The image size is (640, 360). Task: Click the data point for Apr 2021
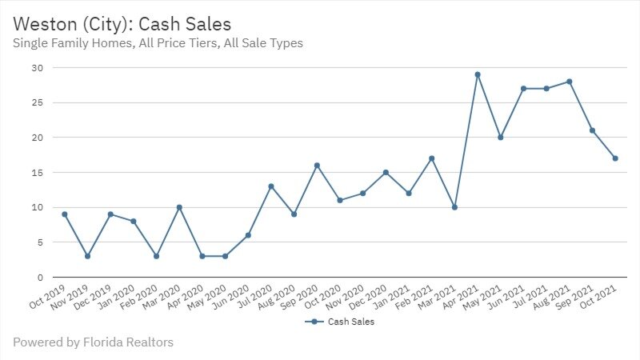tap(477, 74)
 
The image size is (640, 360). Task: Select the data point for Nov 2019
tap(87, 256)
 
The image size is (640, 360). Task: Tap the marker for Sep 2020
tap(317, 166)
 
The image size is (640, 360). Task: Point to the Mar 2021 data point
tap(454, 207)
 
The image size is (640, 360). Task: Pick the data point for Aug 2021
tap(569, 82)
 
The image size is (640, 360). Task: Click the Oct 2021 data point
tap(615, 158)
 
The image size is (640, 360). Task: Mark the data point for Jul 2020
tap(271, 186)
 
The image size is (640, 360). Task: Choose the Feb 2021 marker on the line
tap(431, 158)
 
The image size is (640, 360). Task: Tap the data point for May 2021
tap(500, 138)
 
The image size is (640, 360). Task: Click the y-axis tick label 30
tap(37, 68)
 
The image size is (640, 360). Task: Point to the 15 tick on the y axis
tap(37, 173)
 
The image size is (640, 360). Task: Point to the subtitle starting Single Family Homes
tap(158, 43)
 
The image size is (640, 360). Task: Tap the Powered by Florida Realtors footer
tap(93, 342)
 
